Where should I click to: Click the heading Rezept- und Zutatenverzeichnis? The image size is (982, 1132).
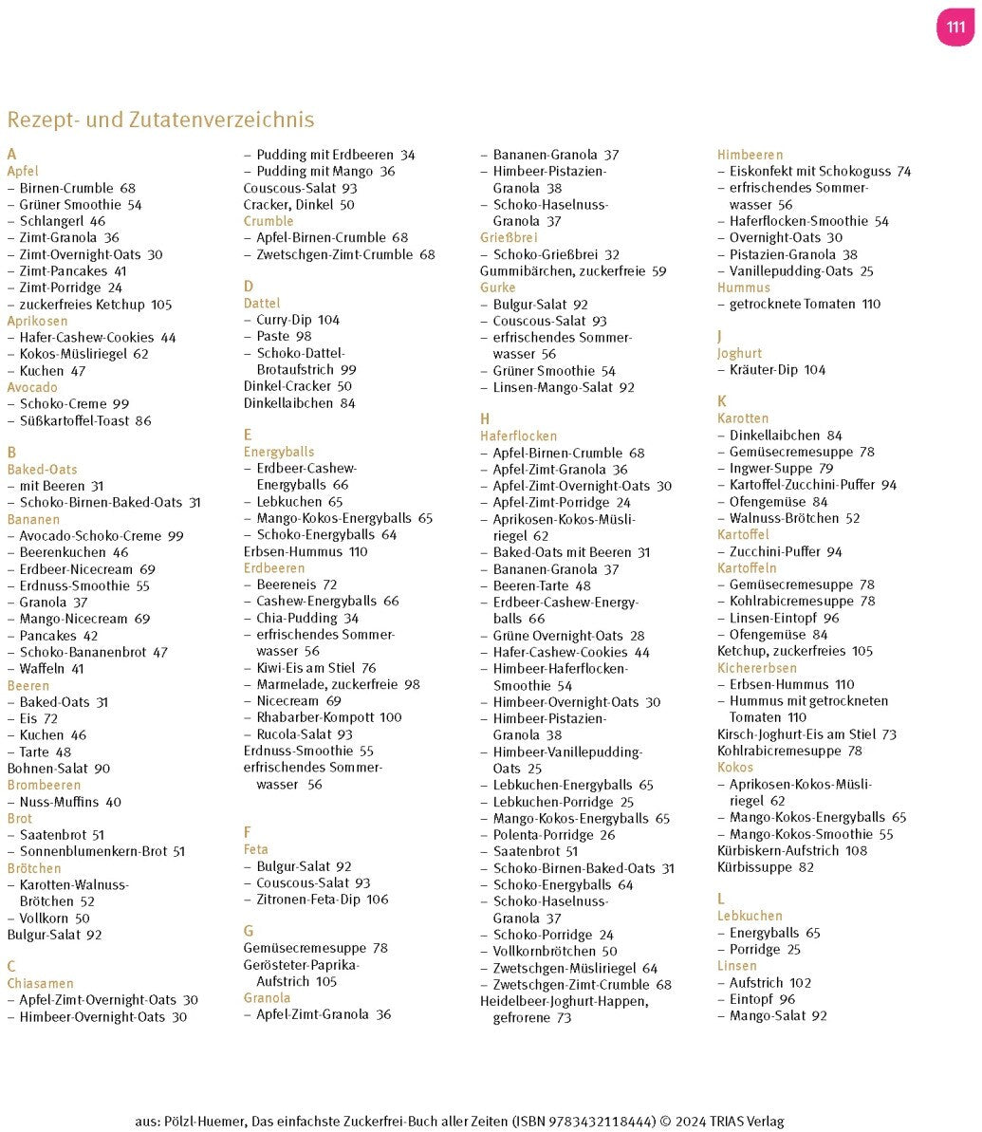point(160,121)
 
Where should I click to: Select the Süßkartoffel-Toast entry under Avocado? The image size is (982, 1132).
point(84,420)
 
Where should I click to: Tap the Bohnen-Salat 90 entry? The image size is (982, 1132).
point(59,769)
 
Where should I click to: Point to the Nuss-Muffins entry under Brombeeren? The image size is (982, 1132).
point(70,802)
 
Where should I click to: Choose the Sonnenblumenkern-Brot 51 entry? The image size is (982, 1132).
point(102,851)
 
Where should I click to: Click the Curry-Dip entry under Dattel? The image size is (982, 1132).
point(298,320)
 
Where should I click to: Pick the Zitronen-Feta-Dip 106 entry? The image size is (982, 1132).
point(323,900)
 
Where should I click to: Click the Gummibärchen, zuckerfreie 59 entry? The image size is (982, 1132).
point(573,270)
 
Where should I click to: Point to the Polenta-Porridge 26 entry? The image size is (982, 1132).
point(554,835)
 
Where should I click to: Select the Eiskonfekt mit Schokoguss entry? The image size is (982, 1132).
point(820,171)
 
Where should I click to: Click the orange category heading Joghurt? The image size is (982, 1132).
point(739,353)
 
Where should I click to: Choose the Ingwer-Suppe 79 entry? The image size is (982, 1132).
point(781,468)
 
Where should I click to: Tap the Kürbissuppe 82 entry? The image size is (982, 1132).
point(766,867)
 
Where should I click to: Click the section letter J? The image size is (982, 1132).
point(720,336)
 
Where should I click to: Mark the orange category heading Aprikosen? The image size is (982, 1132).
point(37,321)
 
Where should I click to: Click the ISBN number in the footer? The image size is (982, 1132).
point(584,1122)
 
